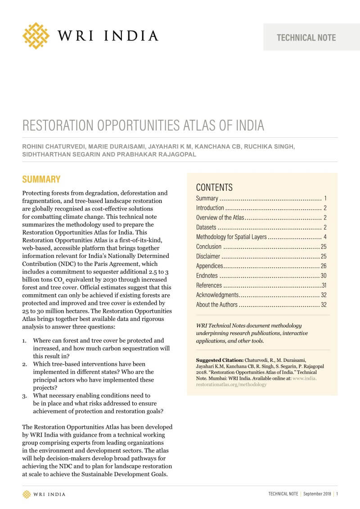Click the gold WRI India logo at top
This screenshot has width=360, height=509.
36,36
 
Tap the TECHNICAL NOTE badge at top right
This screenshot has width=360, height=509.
306,37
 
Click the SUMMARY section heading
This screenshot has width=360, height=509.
41,179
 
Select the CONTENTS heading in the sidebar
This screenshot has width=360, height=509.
214,187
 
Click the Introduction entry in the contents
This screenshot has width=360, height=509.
210,208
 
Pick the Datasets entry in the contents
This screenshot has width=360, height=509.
206,227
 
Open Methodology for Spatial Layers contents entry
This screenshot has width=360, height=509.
231,237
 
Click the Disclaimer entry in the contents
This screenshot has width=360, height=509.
208,256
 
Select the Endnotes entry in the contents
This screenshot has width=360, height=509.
207,275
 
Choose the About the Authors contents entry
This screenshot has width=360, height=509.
216,305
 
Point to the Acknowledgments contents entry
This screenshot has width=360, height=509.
217,295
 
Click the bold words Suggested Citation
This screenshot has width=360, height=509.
219,360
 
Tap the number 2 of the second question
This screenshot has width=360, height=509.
25,364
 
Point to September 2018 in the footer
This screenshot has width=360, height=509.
317,494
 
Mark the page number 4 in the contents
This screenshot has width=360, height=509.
324,237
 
